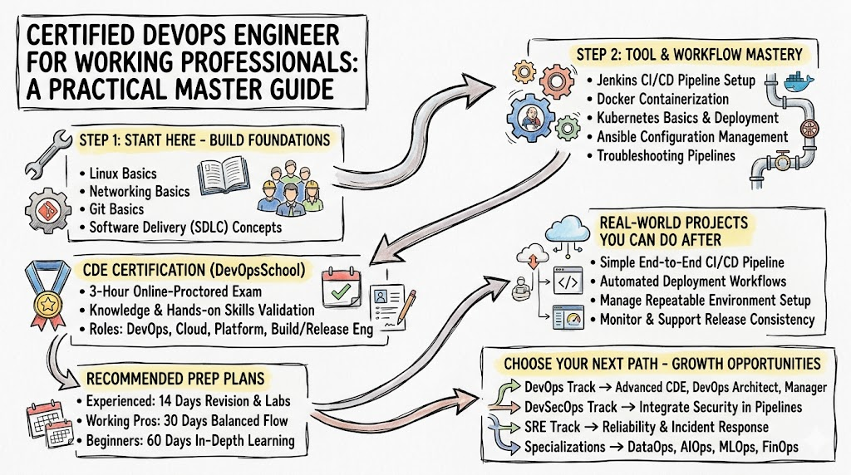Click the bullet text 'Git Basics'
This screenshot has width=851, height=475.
(116, 209)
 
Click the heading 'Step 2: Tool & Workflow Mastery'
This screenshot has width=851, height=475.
(689, 55)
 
